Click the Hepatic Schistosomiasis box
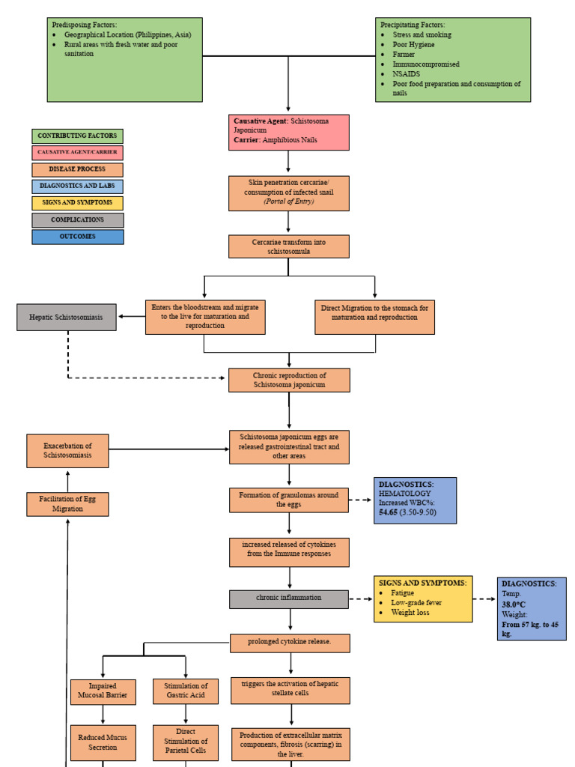67,317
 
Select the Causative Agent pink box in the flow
288,132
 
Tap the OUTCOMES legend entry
78,237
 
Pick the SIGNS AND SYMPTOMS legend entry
78,203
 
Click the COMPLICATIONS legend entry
78,220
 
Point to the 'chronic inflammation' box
288,598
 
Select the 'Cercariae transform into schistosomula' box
288,246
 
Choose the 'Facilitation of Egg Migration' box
67,504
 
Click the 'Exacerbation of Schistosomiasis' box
67,451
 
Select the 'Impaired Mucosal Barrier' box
103,691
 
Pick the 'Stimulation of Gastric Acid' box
186,691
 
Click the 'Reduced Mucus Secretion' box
103,742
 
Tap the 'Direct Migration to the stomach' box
375,317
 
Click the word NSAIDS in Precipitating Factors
407,74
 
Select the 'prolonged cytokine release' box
290,642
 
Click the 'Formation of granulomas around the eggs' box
288,500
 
